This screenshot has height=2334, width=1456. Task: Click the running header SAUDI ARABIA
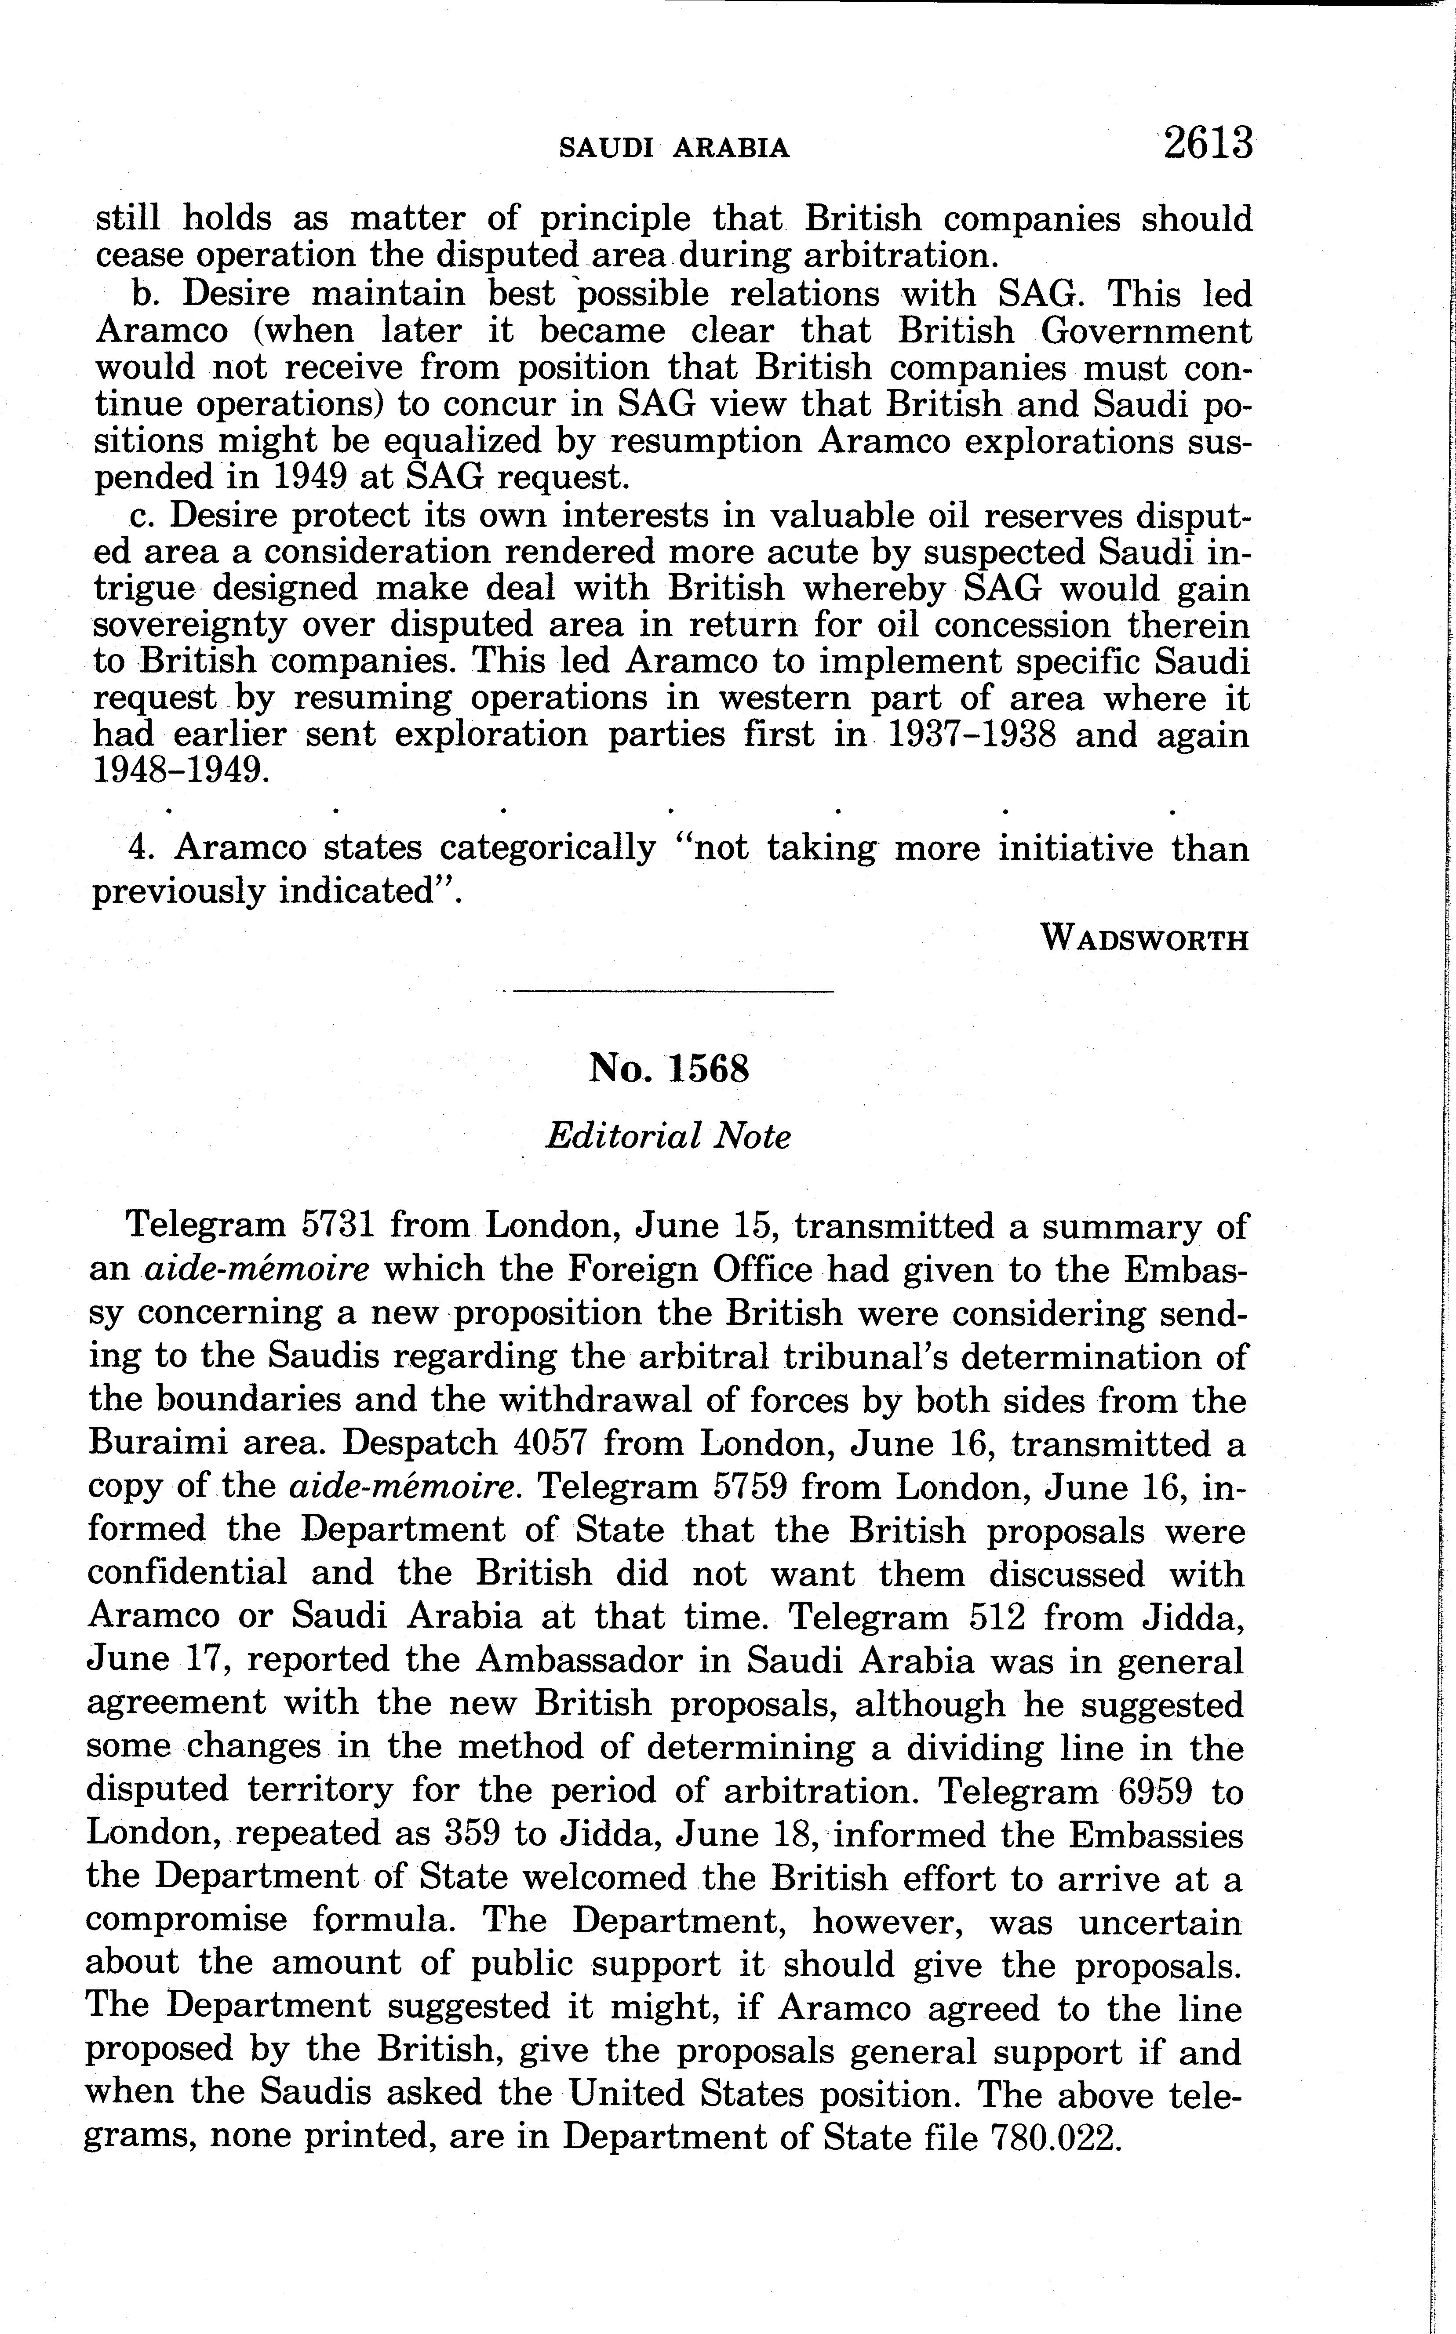[674, 147]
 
